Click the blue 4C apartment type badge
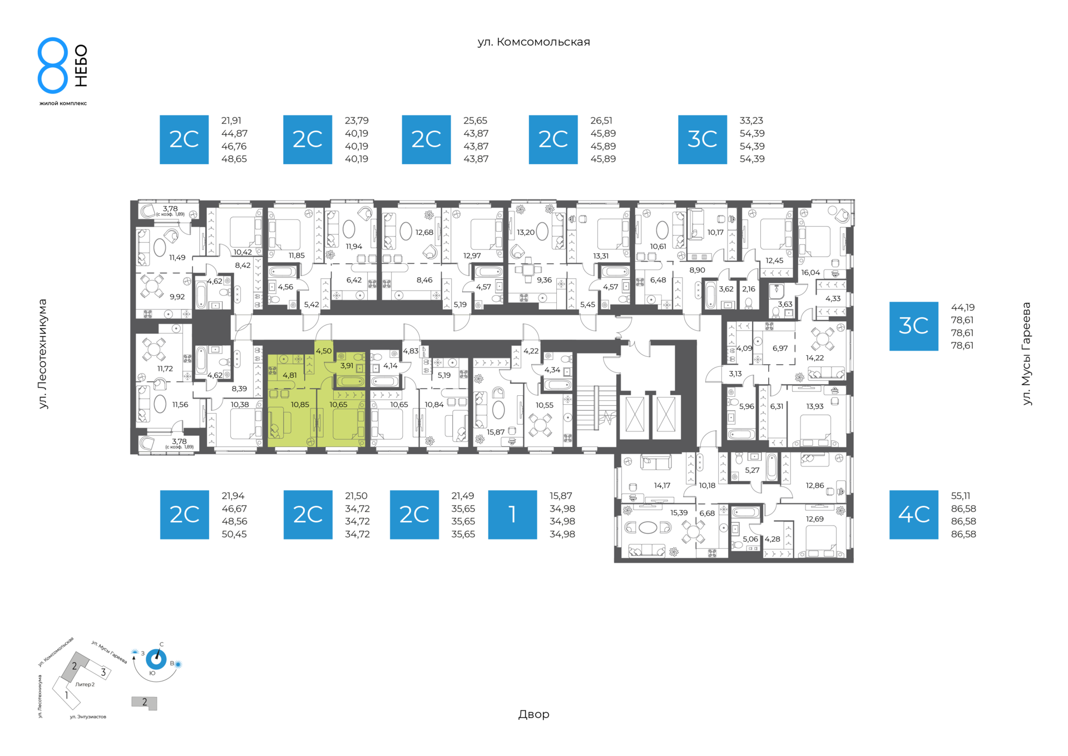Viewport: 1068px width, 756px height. [x=913, y=514]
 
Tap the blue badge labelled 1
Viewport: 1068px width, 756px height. [x=512, y=514]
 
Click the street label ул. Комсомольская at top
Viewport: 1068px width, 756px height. [x=533, y=42]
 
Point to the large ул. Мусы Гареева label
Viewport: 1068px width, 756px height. [x=1027, y=354]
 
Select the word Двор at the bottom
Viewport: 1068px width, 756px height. [x=533, y=714]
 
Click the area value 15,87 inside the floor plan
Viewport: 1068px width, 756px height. [x=496, y=432]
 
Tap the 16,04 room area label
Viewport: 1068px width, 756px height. [x=810, y=273]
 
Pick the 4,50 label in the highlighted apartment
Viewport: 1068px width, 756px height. [x=324, y=351]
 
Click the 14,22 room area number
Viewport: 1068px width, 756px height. [x=815, y=358]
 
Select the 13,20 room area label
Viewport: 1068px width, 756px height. [x=526, y=233]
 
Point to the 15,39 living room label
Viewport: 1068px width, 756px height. [x=679, y=513]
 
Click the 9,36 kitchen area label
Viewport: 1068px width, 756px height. [x=544, y=280]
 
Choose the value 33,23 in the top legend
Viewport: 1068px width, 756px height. [x=751, y=121]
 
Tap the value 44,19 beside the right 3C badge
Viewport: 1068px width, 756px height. [x=963, y=307]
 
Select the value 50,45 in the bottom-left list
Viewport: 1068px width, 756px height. [x=234, y=534]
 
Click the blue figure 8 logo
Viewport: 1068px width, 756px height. [x=53, y=65]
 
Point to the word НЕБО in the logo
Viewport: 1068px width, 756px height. [x=81, y=66]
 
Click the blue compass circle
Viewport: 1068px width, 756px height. [x=156, y=660]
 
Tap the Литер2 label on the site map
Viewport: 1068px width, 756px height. [x=85, y=685]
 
